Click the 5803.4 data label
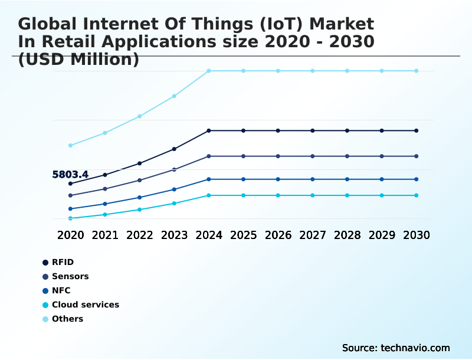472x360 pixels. [x=70, y=175]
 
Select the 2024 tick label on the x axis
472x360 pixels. [x=209, y=235]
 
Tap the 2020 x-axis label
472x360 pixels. [x=70, y=235]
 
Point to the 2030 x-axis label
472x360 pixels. [x=417, y=235]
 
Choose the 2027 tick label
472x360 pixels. [x=313, y=235]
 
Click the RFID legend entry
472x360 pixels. [x=63, y=262]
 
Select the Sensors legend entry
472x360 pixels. [x=70, y=276]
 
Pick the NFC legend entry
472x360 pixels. [x=61, y=290]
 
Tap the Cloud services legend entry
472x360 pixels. [x=86, y=305]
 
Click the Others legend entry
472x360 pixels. [x=67, y=319]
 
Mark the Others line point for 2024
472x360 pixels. [x=209, y=71]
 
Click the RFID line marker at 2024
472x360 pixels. [x=209, y=130]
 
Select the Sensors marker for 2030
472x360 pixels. [x=417, y=156]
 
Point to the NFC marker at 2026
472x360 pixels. [x=278, y=179]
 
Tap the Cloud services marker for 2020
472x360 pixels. [x=70, y=218]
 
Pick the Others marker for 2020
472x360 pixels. [x=70, y=145]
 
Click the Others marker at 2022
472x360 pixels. [x=140, y=116]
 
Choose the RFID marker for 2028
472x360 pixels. [x=347, y=130]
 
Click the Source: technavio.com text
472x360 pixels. [x=396, y=348]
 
